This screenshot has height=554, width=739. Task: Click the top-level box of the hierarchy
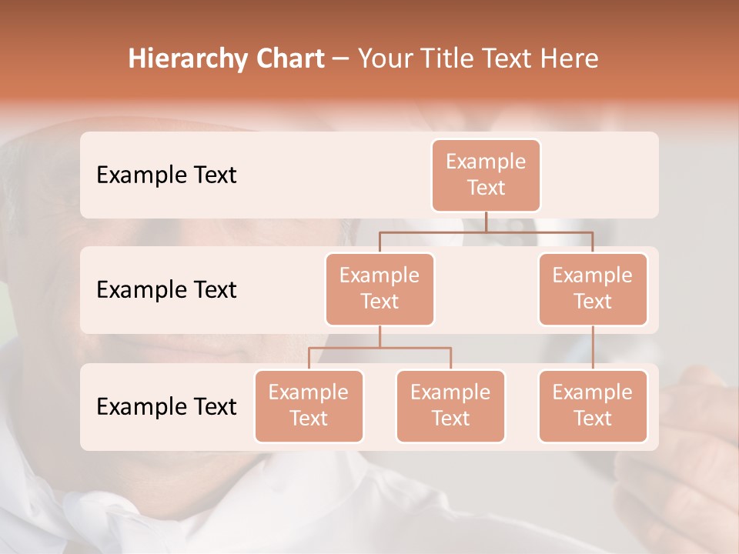pyautogui.click(x=486, y=175)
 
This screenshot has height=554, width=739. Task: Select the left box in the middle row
pyautogui.click(x=380, y=289)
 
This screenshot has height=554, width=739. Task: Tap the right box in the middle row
pyautogui.click(x=593, y=289)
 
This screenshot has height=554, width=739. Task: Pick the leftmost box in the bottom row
pyautogui.click(x=309, y=405)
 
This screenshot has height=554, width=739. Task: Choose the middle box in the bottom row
pyautogui.click(x=450, y=405)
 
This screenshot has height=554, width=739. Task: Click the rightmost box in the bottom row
pyautogui.click(x=593, y=405)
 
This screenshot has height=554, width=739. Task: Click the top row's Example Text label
pyautogui.click(x=166, y=175)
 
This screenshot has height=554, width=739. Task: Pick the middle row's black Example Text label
pyautogui.click(x=166, y=289)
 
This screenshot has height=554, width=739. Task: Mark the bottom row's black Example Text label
pyautogui.click(x=166, y=406)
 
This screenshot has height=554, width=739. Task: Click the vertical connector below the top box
pyautogui.click(x=486, y=222)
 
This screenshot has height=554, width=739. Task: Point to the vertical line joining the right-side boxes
pyautogui.click(x=593, y=348)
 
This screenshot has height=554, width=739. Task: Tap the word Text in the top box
pyautogui.click(x=486, y=188)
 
